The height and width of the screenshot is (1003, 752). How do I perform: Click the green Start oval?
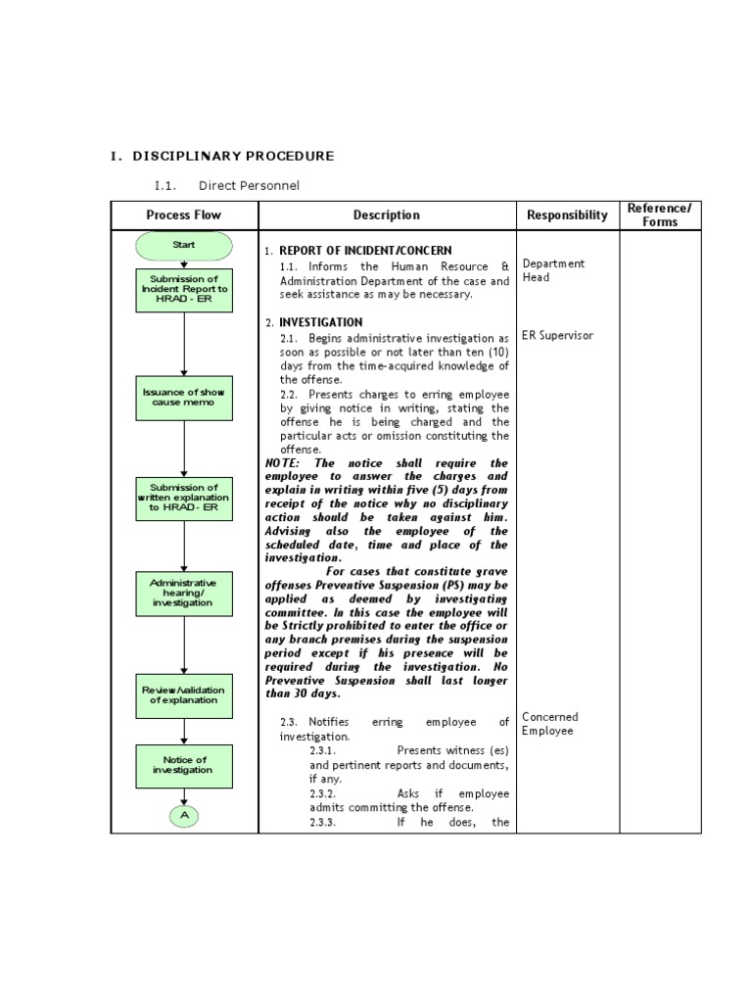(184, 245)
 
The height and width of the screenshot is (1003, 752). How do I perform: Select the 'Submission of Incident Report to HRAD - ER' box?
(184, 290)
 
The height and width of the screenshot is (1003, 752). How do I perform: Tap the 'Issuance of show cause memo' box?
(184, 398)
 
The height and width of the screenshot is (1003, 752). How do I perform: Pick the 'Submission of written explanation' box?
(184, 500)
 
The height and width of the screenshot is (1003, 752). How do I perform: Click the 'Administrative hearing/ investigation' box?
(184, 594)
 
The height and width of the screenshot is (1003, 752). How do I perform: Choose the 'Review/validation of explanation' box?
(184, 694)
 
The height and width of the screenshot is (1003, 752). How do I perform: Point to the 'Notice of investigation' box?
(184, 766)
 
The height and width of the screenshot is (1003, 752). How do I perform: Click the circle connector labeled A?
(184, 815)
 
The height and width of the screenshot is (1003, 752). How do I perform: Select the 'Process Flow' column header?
(184, 215)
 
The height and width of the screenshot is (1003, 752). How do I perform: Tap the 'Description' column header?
(387, 215)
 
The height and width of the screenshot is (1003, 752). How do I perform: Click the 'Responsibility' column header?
(567, 215)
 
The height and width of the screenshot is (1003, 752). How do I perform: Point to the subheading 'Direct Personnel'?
(249, 185)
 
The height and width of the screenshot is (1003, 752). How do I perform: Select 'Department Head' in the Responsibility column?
(553, 270)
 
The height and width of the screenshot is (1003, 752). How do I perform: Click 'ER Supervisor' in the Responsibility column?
(557, 335)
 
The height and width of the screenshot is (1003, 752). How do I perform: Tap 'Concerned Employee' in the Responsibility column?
(549, 724)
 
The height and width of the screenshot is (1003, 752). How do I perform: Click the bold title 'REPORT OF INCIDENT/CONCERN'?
(365, 251)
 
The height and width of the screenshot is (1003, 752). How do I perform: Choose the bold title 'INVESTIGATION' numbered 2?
(320, 322)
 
